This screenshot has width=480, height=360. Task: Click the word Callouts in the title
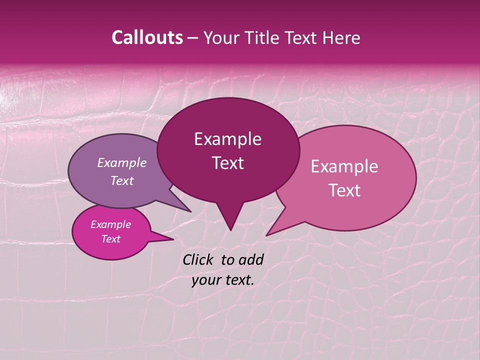pos(147,37)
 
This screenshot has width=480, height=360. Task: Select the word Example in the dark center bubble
pos(227,139)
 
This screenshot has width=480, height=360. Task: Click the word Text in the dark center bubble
pos(227,163)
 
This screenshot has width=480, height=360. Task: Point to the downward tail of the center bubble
pos(230,220)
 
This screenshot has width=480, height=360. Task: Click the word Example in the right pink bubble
pos(344,166)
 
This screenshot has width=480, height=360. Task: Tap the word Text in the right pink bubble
pos(344,190)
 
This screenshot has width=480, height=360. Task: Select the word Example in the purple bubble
pos(121,162)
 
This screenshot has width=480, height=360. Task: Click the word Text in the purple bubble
pos(121,180)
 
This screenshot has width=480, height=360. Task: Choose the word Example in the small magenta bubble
pos(110,224)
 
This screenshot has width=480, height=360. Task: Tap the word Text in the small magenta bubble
pos(110,239)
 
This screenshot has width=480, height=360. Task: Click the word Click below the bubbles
pos(199,259)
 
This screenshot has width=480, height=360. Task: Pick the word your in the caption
pos(206,280)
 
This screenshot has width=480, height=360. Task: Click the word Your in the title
pos(218,37)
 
